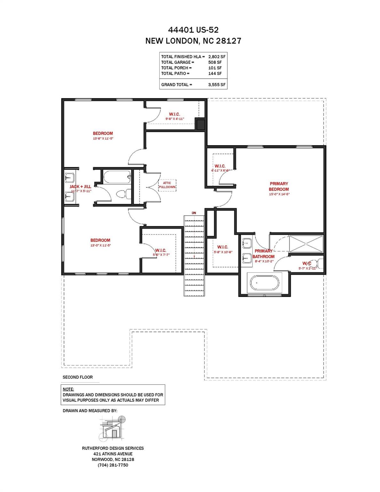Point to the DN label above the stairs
tap(194, 213)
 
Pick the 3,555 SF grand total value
tap(217, 85)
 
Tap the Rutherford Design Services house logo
tap(112, 429)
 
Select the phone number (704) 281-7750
tap(113, 465)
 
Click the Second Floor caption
tap(77, 377)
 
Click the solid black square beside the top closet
tap(200, 124)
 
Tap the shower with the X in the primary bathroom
tap(306, 244)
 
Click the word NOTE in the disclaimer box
tap(68, 389)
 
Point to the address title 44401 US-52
tap(193, 30)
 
